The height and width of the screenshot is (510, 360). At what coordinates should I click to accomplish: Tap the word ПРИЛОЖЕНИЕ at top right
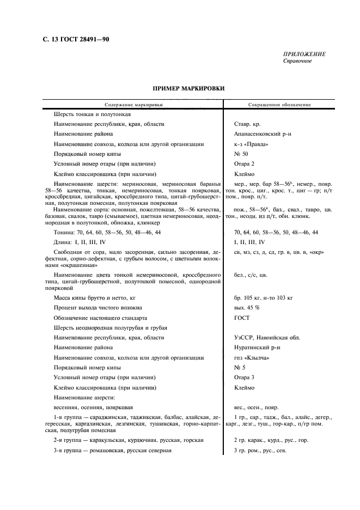click(304, 54)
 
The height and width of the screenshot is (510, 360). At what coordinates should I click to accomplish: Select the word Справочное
click(297, 60)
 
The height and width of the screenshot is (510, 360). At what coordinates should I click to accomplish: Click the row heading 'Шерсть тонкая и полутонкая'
click(92, 114)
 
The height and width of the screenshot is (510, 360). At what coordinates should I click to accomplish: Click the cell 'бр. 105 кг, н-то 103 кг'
click(264, 298)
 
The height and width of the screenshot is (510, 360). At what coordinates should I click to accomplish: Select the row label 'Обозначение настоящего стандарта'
click(100, 318)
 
